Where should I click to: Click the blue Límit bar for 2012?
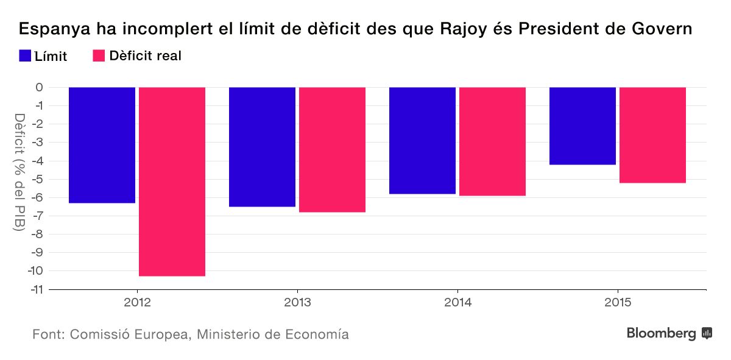tap(102, 145)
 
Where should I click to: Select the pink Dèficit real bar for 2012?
tap(172, 182)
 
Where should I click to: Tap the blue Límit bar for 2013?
tap(262, 147)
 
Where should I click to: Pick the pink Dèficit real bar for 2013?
tap(332, 150)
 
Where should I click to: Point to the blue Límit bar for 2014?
tap(422, 141)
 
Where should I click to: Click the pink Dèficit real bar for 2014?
tap(492, 141)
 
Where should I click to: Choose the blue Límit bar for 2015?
tap(582, 126)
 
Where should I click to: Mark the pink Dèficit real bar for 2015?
tap(652, 135)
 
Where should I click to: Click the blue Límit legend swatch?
tap(25, 56)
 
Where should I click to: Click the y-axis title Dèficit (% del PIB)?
tap(19, 172)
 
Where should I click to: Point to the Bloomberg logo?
tap(669, 333)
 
